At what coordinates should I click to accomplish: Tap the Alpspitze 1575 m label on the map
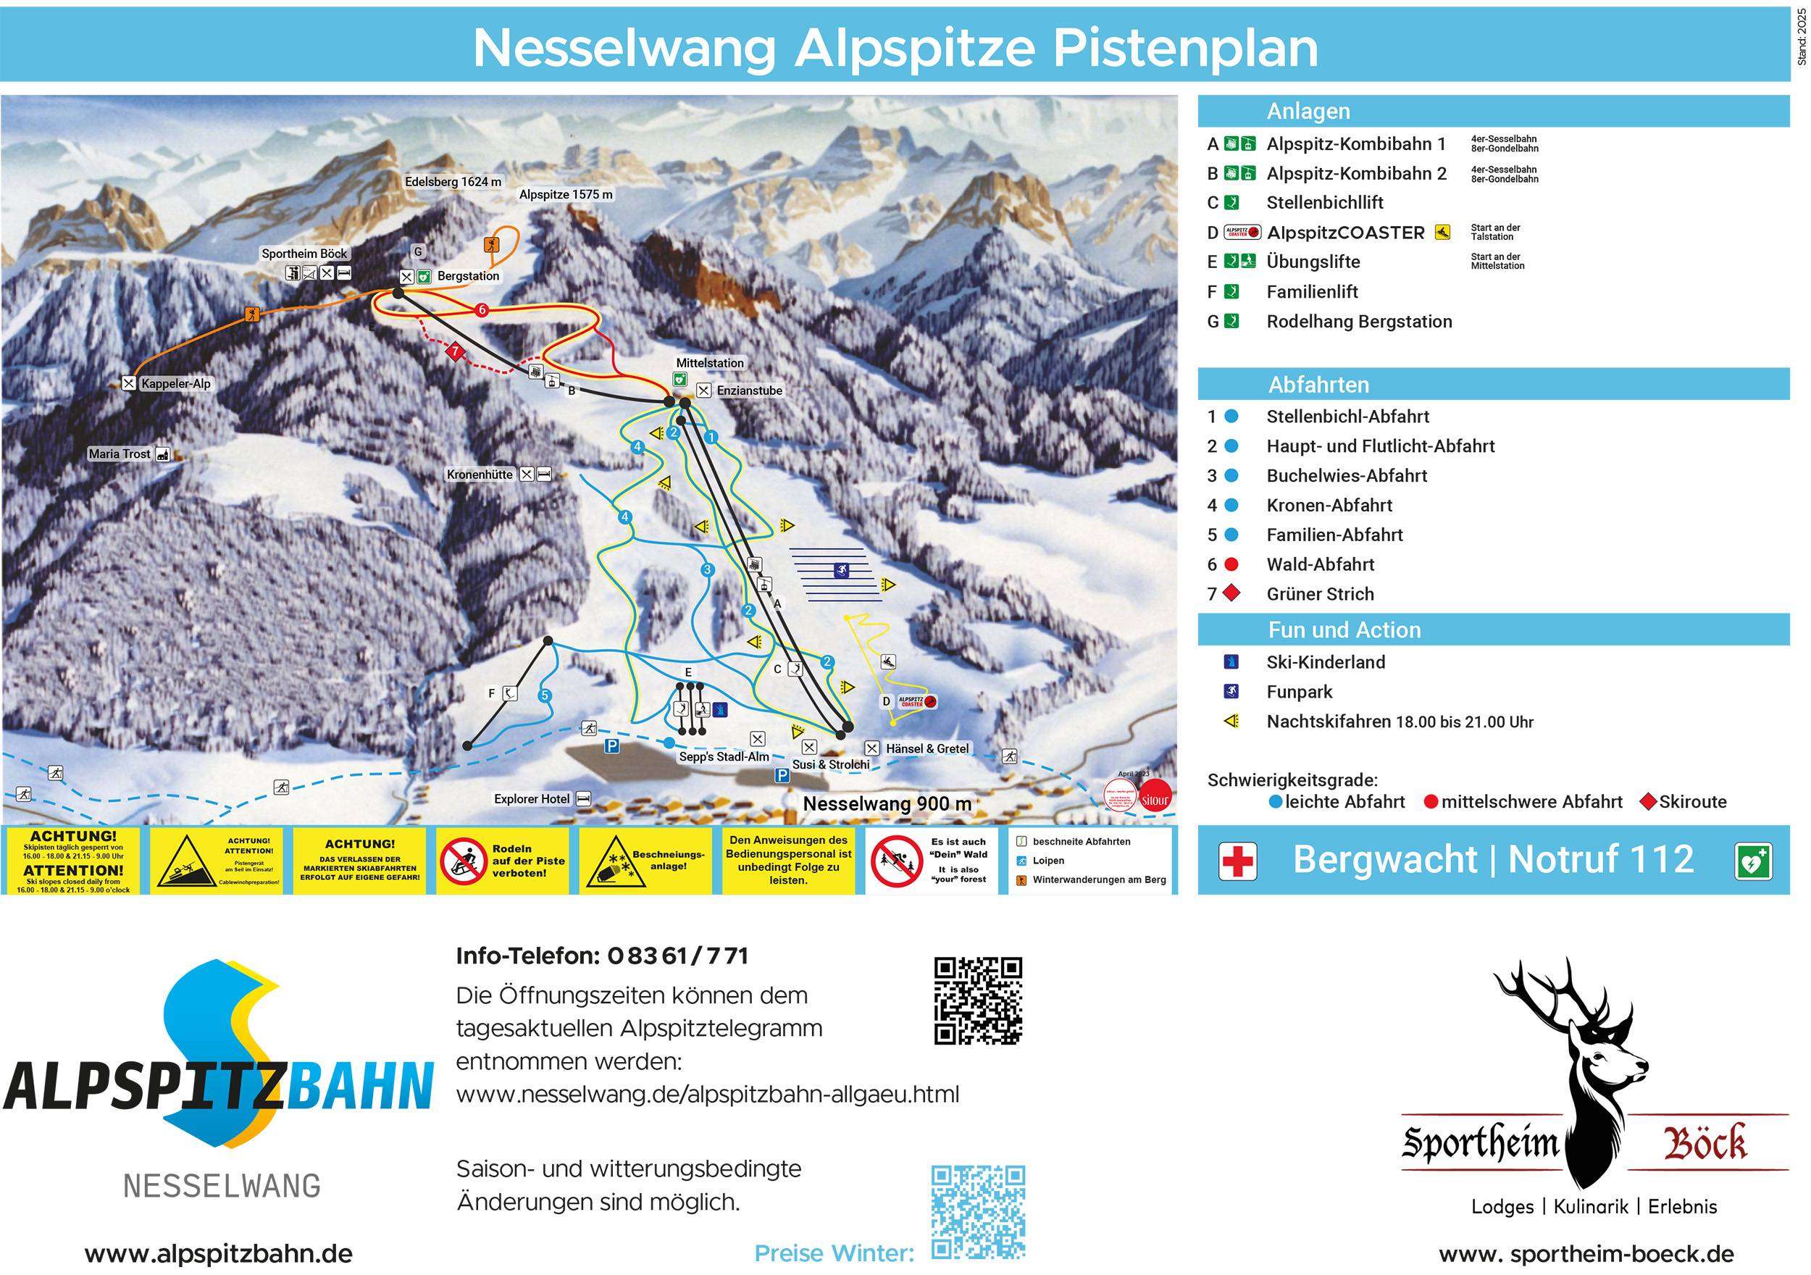pos(566,195)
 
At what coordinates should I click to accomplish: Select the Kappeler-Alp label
pos(176,384)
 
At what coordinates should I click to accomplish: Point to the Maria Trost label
pos(119,453)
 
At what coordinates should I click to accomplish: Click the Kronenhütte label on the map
pos(480,475)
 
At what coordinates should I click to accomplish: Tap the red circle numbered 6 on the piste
pos(482,310)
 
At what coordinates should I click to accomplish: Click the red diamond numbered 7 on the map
pos(454,352)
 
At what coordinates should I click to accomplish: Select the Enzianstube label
pos(749,390)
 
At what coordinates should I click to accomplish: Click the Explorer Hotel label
pos(532,799)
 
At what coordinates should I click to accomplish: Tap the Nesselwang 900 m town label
pos(887,804)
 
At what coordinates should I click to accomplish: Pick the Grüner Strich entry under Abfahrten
pos(1320,594)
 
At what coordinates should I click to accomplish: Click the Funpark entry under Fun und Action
pos(1299,692)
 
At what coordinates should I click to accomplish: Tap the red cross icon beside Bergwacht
pos(1237,860)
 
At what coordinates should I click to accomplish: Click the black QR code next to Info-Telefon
pos(978,1000)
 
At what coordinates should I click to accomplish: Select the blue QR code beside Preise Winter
pos(978,1212)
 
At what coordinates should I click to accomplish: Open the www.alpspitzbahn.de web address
pos(219,1254)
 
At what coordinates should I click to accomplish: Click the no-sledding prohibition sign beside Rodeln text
pos(462,861)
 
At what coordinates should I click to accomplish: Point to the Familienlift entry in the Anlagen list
pos(1312,292)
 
